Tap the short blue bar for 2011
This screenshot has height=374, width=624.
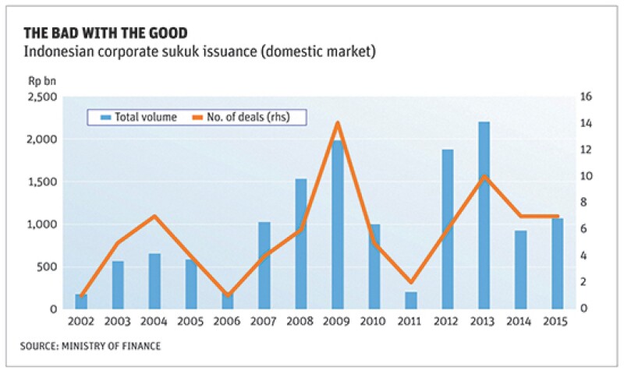click(x=411, y=300)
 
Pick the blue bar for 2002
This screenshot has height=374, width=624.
click(x=81, y=301)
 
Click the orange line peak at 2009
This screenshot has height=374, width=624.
click(x=338, y=123)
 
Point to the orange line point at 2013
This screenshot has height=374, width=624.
click(x=484, y=176)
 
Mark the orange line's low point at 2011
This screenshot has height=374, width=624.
click(x=411, y=282)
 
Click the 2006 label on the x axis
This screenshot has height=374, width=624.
click(x=228, y=322)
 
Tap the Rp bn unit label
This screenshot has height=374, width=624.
click(x=43, y=79)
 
